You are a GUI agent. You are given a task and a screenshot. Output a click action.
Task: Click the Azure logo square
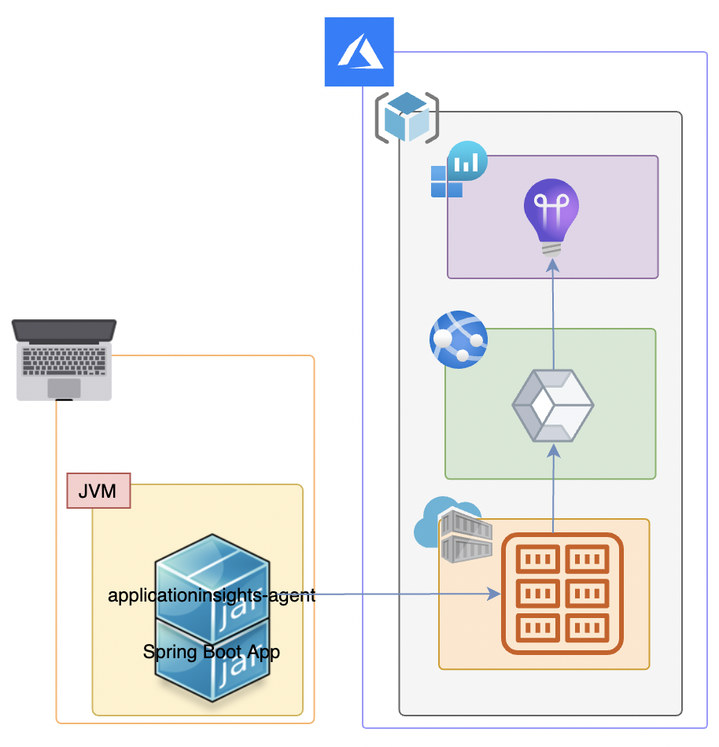(x=359, y=52)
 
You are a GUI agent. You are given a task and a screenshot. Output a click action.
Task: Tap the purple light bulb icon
(x=551, y=212)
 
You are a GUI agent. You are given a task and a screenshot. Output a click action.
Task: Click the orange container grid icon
(x=562, y=594)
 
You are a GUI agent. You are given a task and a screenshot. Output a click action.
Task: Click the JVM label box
(x=98, y=491)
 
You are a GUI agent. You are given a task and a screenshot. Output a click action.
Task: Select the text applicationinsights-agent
(x=212, y=595)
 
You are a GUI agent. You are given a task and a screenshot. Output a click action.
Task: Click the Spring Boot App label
(x=212, y=652)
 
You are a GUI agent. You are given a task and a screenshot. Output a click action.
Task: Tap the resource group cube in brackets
(x=407, y=117)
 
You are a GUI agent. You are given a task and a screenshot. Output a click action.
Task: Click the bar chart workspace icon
(x=459, y=170)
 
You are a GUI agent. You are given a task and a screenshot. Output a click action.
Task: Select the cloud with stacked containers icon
(x=453, y=531)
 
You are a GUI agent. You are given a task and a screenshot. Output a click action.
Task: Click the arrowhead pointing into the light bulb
(x=552, y=264)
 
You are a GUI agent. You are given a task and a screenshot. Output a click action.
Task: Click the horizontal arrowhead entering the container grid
(x=494, y=594)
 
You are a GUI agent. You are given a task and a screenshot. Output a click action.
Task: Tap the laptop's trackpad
(x=64, y=388)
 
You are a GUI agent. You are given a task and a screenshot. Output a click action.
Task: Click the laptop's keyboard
(x=65, y=359)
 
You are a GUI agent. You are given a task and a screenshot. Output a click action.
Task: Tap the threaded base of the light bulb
(x=552, y=248)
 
